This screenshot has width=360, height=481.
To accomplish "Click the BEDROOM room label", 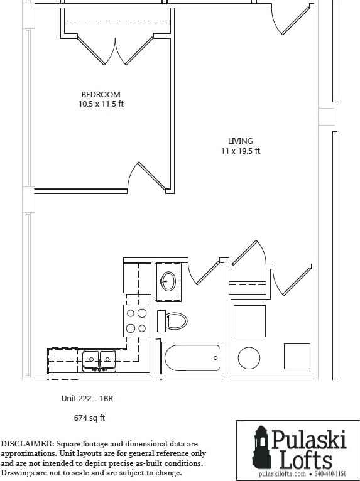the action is [101, 94].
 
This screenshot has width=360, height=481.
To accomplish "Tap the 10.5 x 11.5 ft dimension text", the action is [101, 104].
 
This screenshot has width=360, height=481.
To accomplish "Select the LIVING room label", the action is [240, 141].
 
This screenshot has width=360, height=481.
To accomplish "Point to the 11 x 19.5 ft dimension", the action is [241, 151].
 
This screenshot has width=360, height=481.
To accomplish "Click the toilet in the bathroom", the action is [172, 321].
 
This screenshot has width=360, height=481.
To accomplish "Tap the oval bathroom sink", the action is [168, 281].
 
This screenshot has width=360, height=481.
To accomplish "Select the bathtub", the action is [192, 358].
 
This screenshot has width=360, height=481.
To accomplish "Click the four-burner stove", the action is [137, 321].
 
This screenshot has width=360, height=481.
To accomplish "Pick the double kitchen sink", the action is [99, 360].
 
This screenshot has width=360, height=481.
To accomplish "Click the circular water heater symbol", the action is [249, 358].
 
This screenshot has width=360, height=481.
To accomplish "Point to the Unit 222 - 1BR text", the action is [87, 399].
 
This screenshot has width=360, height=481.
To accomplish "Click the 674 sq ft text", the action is [89, 418].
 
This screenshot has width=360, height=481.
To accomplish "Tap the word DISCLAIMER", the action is [27, 444].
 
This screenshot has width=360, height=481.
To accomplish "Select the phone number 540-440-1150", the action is [330, 474].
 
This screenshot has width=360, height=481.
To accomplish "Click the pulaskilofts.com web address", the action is [282, 474].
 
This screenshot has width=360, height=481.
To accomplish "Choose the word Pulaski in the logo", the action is [308, 439].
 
